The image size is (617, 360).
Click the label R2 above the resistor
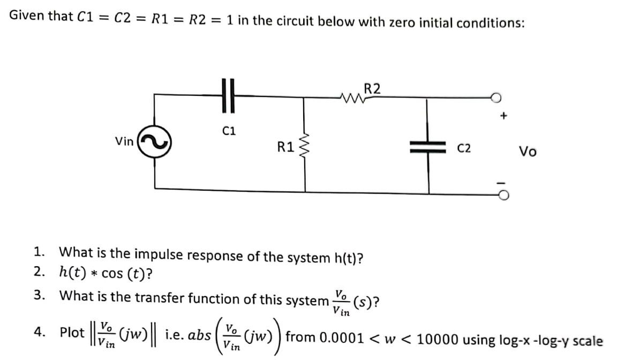coord(373,88)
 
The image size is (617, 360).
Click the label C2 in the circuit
coord(464,148)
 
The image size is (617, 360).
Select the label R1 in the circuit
coord(285,146)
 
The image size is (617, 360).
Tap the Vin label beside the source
coord(124,141)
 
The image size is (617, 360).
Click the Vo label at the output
coord(527,152)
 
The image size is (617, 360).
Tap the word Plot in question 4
coord(72,333)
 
